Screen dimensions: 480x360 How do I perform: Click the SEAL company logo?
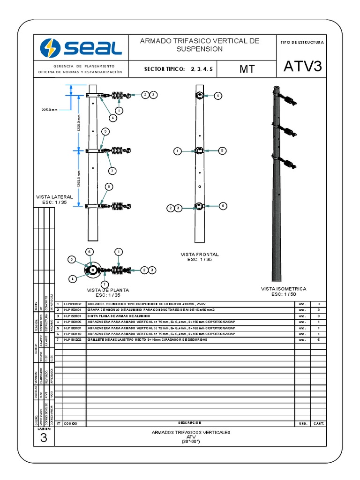point(81,47)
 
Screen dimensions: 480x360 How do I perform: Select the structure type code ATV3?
point(303,67)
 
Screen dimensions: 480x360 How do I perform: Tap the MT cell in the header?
point(247,69)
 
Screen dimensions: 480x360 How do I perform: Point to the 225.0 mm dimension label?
point(49,110)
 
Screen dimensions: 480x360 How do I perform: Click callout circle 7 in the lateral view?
point(112,170)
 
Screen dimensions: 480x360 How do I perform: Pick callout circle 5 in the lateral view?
point(106,132)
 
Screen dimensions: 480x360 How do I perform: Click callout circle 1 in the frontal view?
point(177,151)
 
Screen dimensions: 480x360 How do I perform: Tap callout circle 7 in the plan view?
point(105,284)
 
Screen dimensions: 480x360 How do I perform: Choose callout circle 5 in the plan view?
point(72,259)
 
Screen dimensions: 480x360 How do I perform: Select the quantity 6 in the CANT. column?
point(318,339)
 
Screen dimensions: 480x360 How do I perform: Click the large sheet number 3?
point(44,438)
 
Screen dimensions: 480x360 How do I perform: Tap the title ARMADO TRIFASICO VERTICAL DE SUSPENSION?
point(200,45)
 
